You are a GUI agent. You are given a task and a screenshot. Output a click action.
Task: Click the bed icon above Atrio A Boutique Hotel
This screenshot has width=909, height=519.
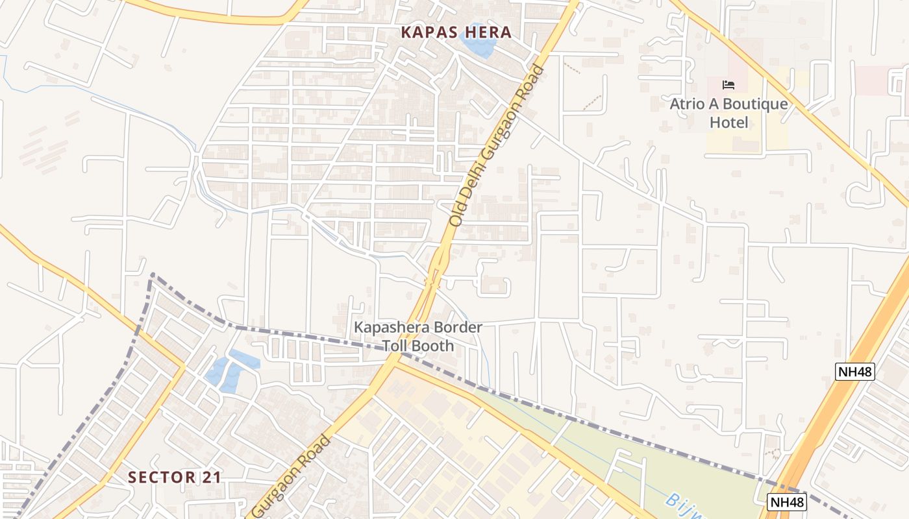point(728,84)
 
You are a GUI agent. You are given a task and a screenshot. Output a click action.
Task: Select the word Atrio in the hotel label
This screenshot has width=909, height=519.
point(686,104)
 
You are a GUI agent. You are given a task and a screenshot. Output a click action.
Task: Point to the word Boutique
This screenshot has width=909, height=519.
point(755,104)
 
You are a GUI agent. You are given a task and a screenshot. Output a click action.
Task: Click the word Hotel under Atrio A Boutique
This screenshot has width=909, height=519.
point(728,123)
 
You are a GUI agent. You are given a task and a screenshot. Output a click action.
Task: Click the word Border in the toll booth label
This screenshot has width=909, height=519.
point(458,328)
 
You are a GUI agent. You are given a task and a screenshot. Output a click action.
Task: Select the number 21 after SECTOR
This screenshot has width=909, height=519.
point(212,477)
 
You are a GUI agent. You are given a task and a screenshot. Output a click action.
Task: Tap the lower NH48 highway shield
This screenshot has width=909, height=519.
point(787,501)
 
